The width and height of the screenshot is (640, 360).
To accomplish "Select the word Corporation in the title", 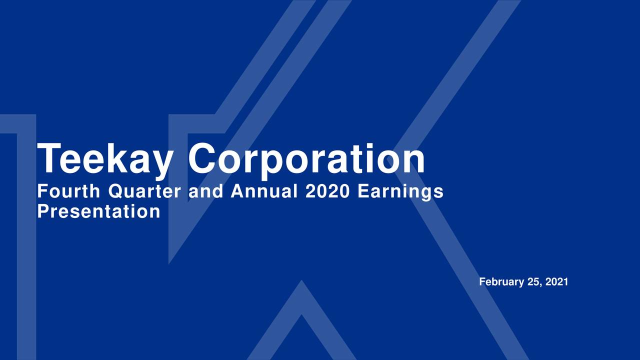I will click(306, 159).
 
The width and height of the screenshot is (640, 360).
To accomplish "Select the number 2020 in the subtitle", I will click(328, 191).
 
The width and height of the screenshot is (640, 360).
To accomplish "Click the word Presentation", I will click(98, 212).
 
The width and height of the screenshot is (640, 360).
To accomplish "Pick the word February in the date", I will click(501, 282).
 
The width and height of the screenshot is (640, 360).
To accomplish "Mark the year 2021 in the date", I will click(556, 282).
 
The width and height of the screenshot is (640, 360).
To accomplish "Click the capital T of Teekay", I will click(49, 159).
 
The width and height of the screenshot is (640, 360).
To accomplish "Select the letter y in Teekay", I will click(159, 162).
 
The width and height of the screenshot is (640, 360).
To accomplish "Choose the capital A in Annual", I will click(237, 191).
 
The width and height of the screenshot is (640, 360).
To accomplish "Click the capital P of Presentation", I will click(43, 212).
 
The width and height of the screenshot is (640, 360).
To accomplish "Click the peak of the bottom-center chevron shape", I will click(301, 283).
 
